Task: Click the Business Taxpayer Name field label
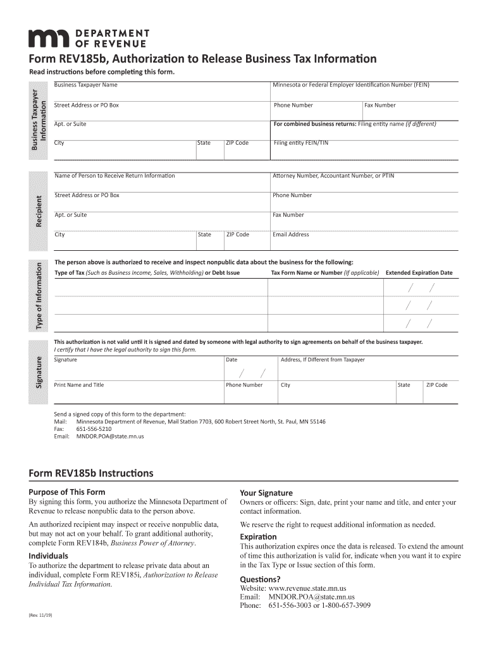(85, 85)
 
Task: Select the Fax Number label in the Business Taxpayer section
(379, 105)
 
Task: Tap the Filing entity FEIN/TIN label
(300, 143)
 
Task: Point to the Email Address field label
(290, 234)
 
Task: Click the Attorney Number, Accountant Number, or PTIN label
(333, 176)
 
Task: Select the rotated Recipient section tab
(39, 211)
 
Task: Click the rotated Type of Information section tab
(39, 295)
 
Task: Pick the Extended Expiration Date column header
(419, 273)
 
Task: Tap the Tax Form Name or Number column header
(324, 273)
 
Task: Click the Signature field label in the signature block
(66, 360)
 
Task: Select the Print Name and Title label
(79, 385)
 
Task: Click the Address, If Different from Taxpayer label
(323, 360)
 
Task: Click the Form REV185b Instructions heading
(91, 473)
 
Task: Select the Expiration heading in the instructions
(258, 536)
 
